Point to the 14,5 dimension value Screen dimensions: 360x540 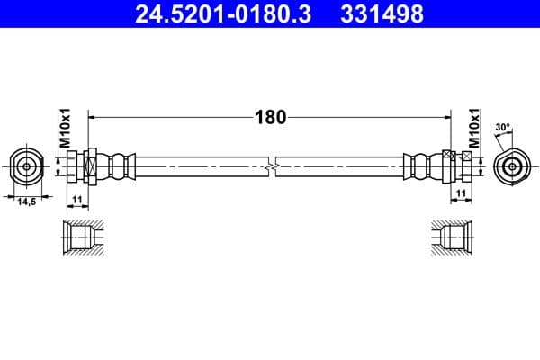pos(27,202)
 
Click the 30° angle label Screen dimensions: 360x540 pos(501,128)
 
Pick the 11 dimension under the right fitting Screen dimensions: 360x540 pos(460,195)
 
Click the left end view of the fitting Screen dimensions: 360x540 pos(27,166)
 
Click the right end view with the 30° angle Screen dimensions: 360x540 pos(511,166)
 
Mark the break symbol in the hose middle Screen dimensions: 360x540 pos(271,166)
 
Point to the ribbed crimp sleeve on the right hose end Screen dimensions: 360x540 pos(420,166)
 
